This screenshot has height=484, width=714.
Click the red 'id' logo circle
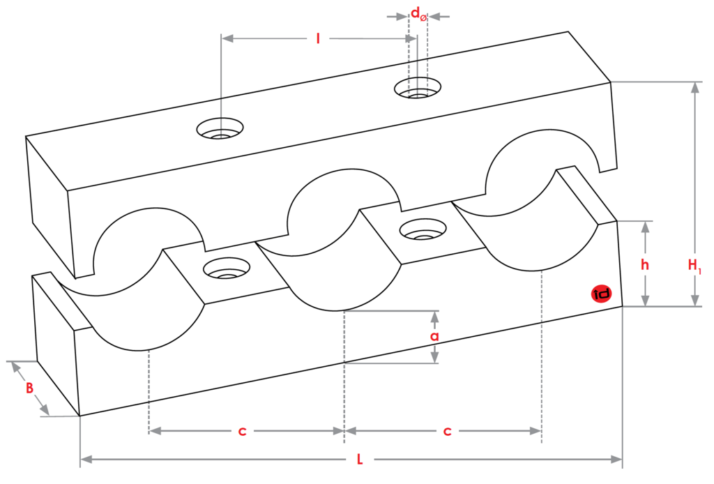point(600,294)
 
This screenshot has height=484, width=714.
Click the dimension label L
point(360,460)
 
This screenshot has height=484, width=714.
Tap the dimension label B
point(29,388)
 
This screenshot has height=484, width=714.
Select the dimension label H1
point(694,265)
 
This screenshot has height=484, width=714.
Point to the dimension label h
point(646,264)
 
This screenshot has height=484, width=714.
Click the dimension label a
point(434,337)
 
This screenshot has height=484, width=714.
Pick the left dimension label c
point(242,432)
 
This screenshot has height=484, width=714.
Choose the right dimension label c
point(447,432)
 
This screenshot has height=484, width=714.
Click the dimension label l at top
point(318,39)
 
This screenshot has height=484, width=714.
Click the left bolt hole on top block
point(220,130)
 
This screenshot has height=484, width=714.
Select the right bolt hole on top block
point(418,89)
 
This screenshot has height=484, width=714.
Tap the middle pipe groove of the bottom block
point(342,279)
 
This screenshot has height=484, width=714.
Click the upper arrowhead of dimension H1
point(694,87)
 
